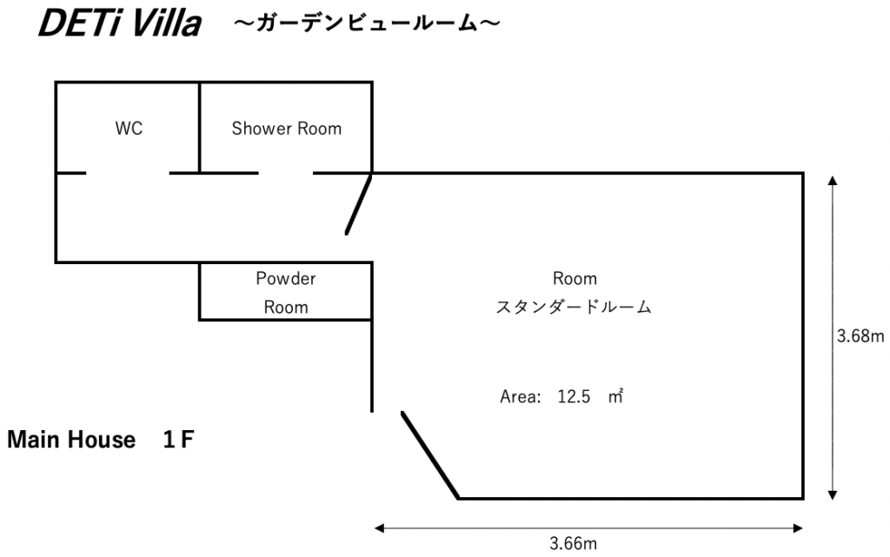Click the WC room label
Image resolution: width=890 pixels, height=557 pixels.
pos(129,129)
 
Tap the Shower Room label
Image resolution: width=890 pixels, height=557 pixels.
pos(286,129)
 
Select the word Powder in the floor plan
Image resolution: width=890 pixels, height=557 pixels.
pos(286,279)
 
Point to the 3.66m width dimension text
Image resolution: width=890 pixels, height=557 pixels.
pos(573,544)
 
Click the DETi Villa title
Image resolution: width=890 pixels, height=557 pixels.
pos(118,25)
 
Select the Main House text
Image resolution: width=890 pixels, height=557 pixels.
pos(71,441)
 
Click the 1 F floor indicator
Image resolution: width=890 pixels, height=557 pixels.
pos(177,441)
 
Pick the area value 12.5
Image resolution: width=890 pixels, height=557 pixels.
pos(574,397)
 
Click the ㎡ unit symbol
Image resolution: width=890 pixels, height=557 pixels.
pos(617,397)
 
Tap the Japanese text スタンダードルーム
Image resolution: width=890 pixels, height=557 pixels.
pos(574,308)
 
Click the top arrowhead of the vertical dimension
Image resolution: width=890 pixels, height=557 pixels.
pos(834,181)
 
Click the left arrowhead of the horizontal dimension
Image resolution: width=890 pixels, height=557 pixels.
pos(379,526)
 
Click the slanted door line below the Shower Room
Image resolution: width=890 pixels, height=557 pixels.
pos(359,204)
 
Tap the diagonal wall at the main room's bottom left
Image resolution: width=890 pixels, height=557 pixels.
pos(430,455)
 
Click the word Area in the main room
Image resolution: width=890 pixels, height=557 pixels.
pos(520,397)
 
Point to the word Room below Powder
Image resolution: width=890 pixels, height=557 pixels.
pos(286,307)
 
